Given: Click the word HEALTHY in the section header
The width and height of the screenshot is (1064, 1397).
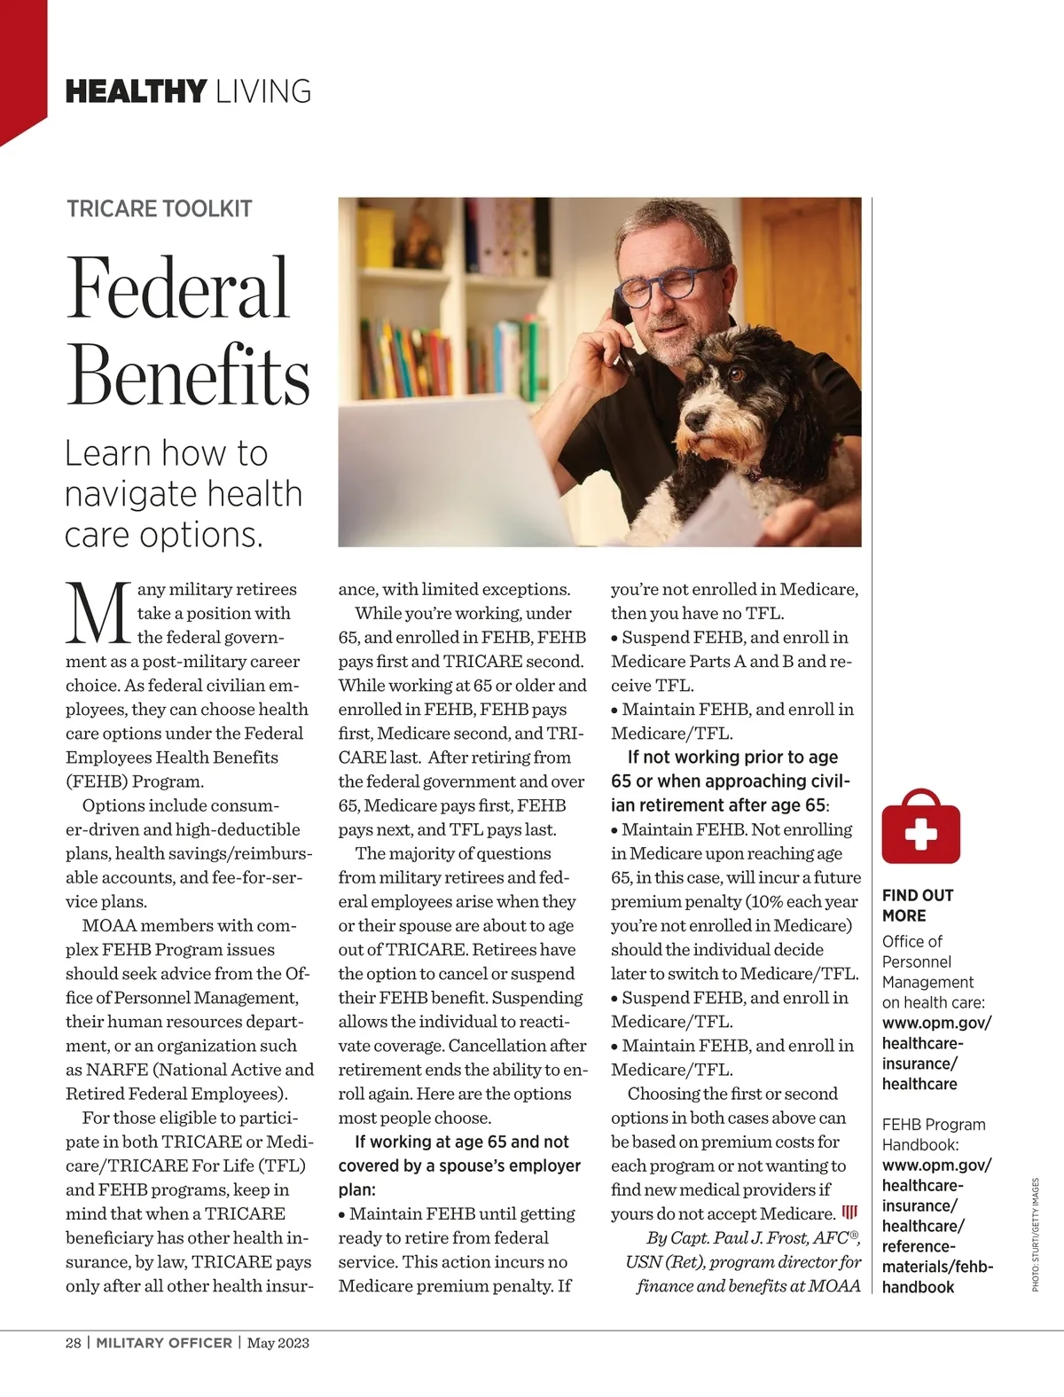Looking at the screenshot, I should pyautogui.click(x=136, y=90).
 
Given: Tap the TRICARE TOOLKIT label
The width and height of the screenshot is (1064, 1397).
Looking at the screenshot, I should pyautogui.click(x=160, y=209).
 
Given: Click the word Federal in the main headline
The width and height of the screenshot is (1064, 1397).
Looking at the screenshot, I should pyautogui.click(x=178, y=288).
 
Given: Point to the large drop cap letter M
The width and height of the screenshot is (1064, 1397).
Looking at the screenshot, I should pyautogui.click(x=98, y=612).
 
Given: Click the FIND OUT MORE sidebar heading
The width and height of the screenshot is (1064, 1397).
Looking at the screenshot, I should pyautogui.click(x=917, y=905).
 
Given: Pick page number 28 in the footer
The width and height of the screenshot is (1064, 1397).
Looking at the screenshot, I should pyautogui.click(x=73, y=1343).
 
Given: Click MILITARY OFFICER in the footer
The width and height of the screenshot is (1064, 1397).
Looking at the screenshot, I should pyautogui.click(x=164, y=1343).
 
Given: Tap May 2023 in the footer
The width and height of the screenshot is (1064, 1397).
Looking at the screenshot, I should pyautogui.click(x=278, y=1343).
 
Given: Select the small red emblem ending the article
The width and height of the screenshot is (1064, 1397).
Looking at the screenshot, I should pyautogui.click(x=849, y=1213).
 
